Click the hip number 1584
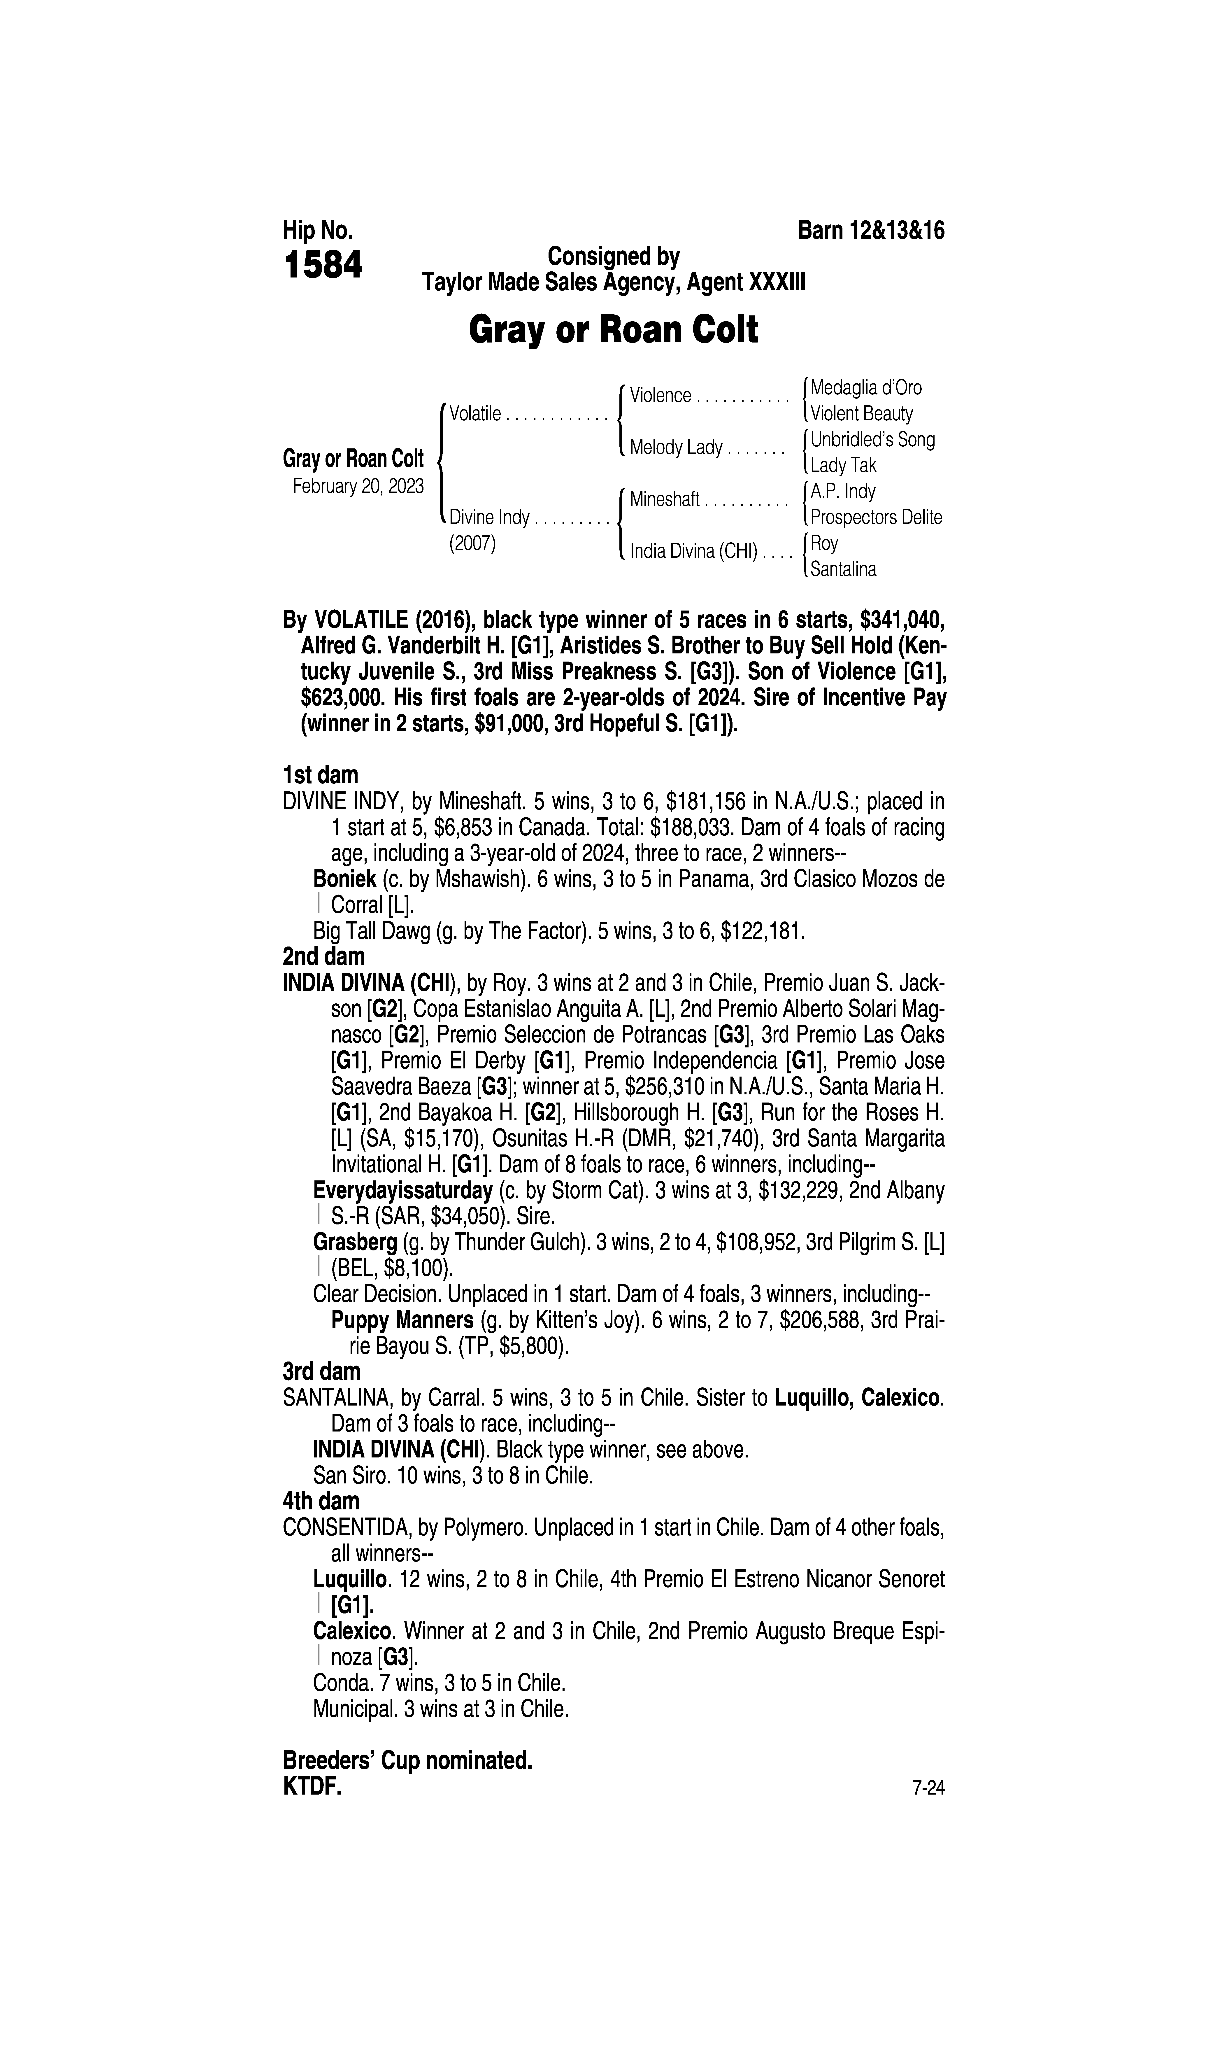point(323,266)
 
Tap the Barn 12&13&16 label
point(870,231)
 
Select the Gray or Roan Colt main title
point(613,330)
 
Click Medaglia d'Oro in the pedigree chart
point(865,387)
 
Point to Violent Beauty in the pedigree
point(861,414)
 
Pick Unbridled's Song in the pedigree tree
point(872,439)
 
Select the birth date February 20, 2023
point(358,486)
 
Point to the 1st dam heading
point(320,775)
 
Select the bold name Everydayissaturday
point(403,1191)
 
